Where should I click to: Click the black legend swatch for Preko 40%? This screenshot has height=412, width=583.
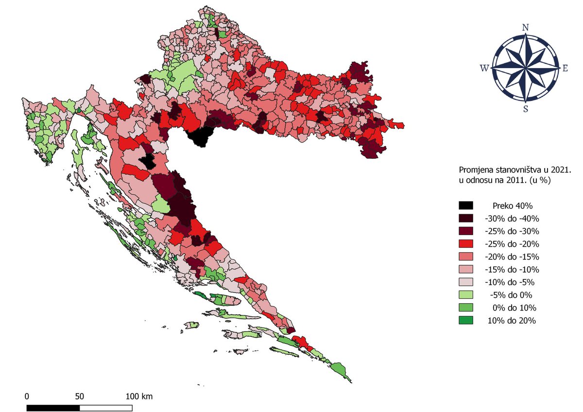click(x=466, y=206)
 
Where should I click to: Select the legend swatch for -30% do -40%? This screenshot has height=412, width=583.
click(x=466, y=218)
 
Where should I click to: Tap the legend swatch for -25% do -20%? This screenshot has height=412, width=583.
click(x=466, y=244)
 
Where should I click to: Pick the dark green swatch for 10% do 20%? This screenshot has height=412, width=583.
click(x=466, y=321)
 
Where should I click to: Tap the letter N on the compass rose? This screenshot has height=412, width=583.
click(x=525, y=28)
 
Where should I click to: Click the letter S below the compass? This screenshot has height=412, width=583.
click(x=525, y=109)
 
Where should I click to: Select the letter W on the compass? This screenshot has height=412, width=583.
click(x=484, y=69)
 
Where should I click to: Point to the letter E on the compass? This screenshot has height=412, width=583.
click(x=565, y=69)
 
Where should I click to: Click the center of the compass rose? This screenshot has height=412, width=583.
click(x=525, y=68)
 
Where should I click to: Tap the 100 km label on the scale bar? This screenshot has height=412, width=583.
click(x=139, y=396)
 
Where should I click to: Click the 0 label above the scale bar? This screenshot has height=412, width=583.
click(x=27, y=396)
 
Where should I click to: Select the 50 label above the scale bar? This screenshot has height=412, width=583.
click(x=80, y=396)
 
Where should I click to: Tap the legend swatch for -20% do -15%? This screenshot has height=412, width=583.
click(x=466, y=257)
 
